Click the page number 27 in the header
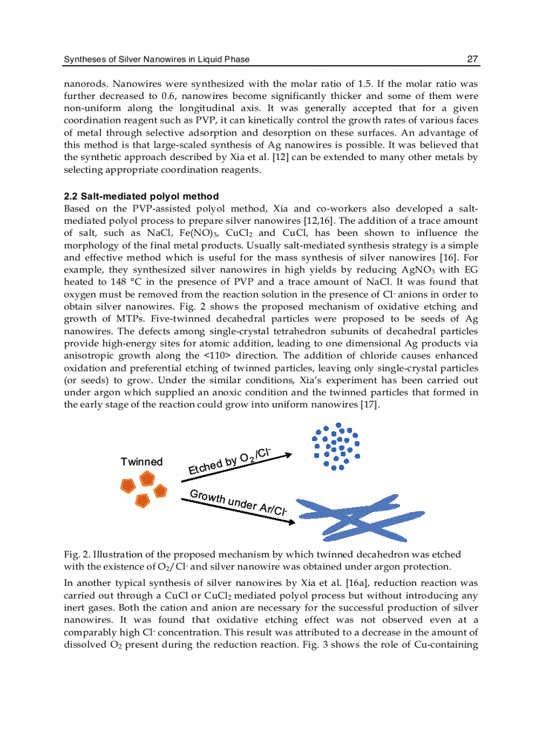[x=472, y=59]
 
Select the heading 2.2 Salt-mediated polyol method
[x=141, y=196]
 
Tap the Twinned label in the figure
[x=141, y=462]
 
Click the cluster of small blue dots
[x=337, y=446]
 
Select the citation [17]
[x=369, y=405]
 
